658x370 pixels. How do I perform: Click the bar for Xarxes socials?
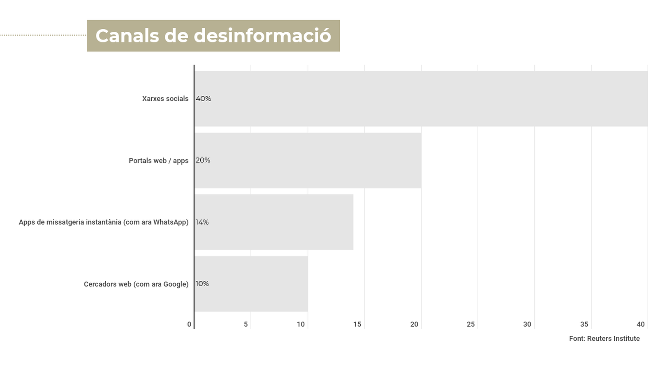pos(421,99)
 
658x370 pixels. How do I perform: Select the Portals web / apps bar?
pos(308,161)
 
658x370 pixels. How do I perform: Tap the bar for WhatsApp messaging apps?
pos(274,222)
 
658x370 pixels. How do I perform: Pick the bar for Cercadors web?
pos(251,284)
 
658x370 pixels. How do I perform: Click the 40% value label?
pos(203,99)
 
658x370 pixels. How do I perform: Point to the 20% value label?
pos(203,160)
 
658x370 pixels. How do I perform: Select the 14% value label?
pos(202,222)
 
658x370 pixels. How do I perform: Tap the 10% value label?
pos(202,284)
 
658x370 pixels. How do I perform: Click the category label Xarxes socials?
pos(165,99)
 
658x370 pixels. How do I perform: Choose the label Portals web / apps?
pos(158,161)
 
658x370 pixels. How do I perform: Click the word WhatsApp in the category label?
pos(169,222)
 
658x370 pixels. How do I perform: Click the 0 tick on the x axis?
pos(189,324)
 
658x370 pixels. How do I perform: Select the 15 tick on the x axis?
pos(357,324)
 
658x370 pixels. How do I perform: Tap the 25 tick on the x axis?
pos(470,324)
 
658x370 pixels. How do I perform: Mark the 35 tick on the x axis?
pos(584,324)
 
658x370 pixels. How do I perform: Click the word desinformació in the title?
pos(262,36)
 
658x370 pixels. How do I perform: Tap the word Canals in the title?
pos(127,36)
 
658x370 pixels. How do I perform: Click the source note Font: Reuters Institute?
pos(604,339)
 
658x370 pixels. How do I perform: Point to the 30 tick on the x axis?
pos(527,324)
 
